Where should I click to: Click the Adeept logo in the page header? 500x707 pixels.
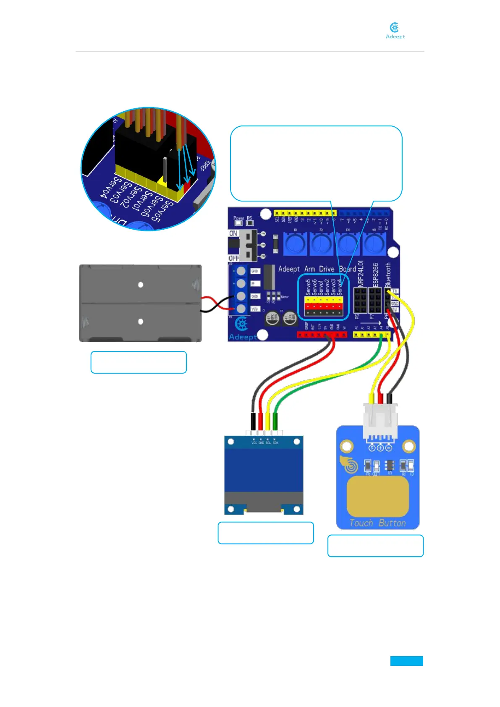point(395,31)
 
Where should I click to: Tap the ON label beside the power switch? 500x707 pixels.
point(233,233)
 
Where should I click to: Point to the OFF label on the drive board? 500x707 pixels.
point(234,258)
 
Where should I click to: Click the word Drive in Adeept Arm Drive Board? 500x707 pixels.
point(327,269)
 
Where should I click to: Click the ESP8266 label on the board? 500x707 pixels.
point(375,275)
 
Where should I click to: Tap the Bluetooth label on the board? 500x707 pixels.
point(388,275)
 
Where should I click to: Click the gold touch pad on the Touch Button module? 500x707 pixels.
point(377,496)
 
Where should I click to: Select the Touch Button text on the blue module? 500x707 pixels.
point(377,523)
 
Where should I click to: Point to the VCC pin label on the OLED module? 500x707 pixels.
point(254,443)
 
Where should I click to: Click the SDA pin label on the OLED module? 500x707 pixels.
point(275,443)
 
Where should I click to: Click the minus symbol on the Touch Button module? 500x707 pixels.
point(389,448)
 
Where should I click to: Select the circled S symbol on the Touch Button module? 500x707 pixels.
point(372,448)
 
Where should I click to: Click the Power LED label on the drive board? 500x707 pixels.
point(238,218)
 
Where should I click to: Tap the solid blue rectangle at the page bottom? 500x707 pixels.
point(406,661)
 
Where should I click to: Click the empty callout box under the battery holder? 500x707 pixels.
point(139,362)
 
